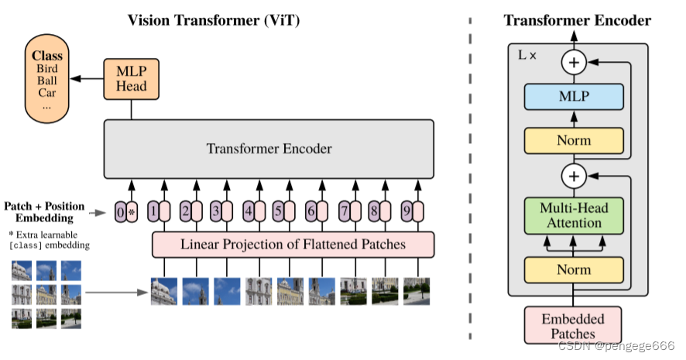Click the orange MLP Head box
(x=131, y=78)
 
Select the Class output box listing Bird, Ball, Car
(x=46, y=81)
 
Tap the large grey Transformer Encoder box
(x=269, y=149)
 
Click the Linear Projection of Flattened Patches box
(x=293, y=245)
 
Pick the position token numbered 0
(x=120, y=211)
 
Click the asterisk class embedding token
(x=132, y=211)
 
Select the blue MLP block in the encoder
(x=574, y=97)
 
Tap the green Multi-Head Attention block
(x=574, y=216)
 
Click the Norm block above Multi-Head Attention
(x=574, y=140)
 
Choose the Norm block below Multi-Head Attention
(x=574, y=269)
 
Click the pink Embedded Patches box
(x=574, y=325)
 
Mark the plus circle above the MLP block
(x=574, y=62)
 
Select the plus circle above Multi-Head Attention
(x=574, y=177)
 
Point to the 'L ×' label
(x=527, y=57)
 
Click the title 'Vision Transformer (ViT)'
(x=214, y=20)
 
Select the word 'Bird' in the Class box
(x=46, y=69)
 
